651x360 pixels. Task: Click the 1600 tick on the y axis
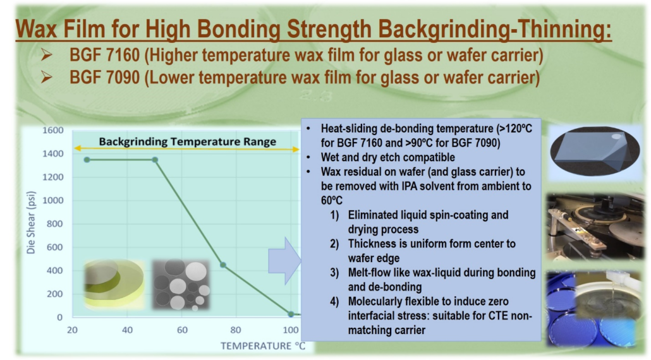point(52,130)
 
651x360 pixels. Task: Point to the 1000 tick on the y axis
point(52,200)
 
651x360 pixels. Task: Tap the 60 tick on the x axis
point(182,330)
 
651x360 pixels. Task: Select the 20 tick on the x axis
point(72,330)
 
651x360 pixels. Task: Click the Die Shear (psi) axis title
point(31,222)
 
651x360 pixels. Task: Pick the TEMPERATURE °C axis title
point(263,346)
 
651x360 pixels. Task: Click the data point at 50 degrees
point(155,160)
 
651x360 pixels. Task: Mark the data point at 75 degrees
point(223,265)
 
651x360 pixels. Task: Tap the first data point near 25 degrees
point(87,160)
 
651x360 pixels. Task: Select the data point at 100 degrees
point(291,315)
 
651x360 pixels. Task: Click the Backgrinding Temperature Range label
point(187,142)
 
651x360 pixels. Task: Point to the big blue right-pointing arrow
point(284,261)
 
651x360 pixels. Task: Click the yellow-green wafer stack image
point(114,284)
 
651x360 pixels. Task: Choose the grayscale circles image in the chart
point(181,284)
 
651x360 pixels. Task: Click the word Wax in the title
point(37,29)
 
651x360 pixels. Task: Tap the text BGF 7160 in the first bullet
point(104,55)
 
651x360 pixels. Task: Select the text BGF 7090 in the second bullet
point(104,78)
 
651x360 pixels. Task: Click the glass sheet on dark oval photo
point(595,152)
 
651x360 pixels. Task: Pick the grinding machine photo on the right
point(595,227)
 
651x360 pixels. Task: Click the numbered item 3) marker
point(334,273)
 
